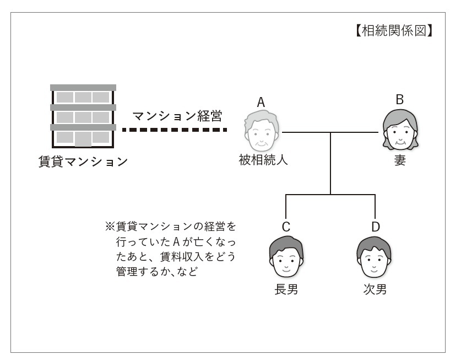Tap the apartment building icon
(x=83, y=116)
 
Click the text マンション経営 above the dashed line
(x=177, y=116)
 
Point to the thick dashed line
(x=174, y=130)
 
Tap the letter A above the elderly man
(x=261, y=103)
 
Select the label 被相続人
(x=261, y=160)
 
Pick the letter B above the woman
(x=400, y=99)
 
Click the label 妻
(x=400, y=162)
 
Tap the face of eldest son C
(x=286, y=257)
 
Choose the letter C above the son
(x=286, y=227)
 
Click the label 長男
(x=286, y=289)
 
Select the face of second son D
(x=375, y=257)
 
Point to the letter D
(x=375, y=227)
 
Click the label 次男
(x=375, y=289)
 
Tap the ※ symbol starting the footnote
(x=109, y=226)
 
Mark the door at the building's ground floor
(x=83, y=139)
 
